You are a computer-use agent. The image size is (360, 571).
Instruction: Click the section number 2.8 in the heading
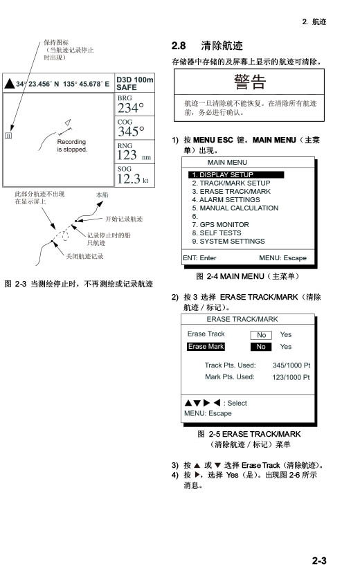(179, 46)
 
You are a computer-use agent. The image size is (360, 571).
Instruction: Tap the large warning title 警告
(250, 82)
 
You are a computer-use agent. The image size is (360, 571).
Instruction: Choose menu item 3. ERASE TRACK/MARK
(231, 192)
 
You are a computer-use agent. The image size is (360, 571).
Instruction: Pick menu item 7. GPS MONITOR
(220, 225)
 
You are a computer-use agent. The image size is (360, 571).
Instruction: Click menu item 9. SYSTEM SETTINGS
(228, 242)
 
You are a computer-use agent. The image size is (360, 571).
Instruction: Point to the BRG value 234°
(131, 108)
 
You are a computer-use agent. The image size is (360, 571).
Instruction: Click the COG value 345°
(131, 132)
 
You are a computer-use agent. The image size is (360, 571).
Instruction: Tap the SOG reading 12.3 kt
(133, 179)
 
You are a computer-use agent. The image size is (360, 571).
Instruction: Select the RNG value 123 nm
(134, 155)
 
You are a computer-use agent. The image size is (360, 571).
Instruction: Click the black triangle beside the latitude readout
(10, 84)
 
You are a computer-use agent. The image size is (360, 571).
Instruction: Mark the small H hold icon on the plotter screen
(8, 136)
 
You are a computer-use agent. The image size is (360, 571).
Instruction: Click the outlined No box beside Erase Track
(261, 335)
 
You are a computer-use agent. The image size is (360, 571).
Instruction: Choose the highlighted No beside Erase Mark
(261, 347)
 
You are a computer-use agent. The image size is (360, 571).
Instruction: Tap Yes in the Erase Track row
(286, 335)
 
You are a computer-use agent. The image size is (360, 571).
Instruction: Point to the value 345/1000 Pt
(291, 365)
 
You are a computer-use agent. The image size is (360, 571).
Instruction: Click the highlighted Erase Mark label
(206, 347)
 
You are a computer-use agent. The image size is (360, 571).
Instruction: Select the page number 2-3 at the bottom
(319, 561)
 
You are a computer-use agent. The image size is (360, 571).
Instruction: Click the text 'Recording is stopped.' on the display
(72, 145)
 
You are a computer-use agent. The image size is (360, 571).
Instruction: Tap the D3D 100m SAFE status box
(134, 83)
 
